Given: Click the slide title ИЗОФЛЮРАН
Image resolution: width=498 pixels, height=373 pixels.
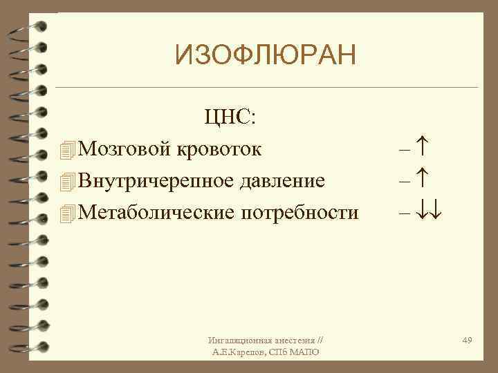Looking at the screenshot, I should click(x=265, y=55).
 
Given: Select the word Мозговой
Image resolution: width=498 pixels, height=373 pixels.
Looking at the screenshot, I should click(x=125, y=148).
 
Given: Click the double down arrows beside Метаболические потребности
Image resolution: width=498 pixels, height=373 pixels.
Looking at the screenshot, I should click(x=429, y=213).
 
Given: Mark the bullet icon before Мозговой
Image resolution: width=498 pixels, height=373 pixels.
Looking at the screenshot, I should click(x=66, y=149).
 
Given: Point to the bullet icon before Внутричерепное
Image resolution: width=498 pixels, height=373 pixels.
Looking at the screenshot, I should click(x=66, y=181).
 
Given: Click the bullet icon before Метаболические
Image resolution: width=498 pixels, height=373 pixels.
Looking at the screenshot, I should click(x=66, y=213).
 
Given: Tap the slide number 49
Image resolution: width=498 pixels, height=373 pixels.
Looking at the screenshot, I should click(x=467, y=341).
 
